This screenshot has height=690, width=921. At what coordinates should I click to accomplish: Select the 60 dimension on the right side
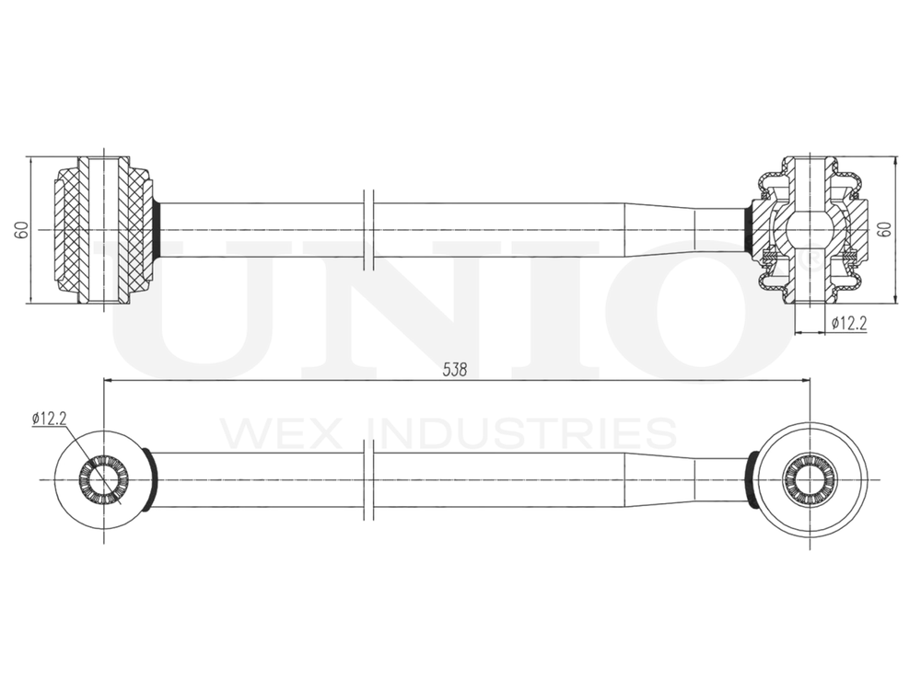[886, 230]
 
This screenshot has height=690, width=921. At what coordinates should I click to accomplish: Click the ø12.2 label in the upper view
[848, 322]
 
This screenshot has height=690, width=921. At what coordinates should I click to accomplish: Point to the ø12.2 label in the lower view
[49, 418]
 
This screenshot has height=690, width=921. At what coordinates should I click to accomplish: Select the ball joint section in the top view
[810, 230]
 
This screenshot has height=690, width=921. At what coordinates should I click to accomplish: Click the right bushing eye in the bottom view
[810, 479]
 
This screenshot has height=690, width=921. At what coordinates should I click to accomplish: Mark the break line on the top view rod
[368, 230]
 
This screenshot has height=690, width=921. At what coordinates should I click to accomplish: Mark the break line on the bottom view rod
[368, 479]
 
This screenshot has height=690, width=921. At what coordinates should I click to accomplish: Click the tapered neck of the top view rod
[659, 230]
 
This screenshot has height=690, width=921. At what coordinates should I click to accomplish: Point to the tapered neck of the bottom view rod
[659, 479]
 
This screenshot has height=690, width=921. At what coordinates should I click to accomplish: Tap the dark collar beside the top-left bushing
[157, 230]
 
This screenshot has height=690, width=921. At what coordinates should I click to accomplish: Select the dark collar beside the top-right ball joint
[749, 230]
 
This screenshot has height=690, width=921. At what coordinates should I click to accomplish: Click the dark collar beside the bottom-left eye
[150, 479]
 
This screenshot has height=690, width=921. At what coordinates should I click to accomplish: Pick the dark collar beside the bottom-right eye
[752, 479]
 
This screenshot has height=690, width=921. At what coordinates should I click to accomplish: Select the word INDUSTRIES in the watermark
[520, 432]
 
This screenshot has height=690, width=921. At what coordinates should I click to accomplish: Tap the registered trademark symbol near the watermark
[813, 262]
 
